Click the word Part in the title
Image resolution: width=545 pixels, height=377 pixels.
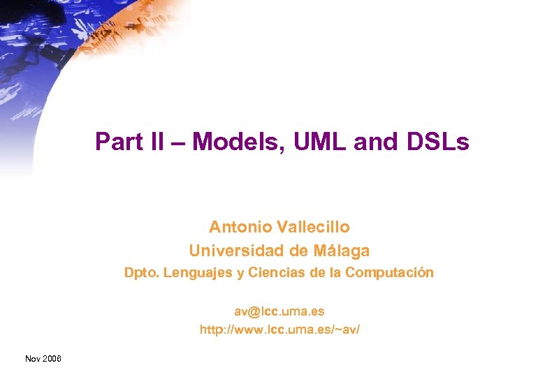pyautogui.click(x=115, y=142)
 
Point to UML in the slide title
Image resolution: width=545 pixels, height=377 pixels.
pyautogui.click(x=312, y=142)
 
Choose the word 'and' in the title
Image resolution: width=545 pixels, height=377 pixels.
pyautogui.click(x=372, y=142)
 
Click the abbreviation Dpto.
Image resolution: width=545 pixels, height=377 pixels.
pyautogui.click(x=141, y=272)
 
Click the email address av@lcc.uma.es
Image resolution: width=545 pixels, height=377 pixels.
pyautogui.click(x=279, y=310)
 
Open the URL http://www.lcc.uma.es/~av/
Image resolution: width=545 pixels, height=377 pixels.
pyautogui.click(x=279, y=328)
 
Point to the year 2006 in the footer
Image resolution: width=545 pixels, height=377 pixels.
pyautogui.click(x=52, y=358)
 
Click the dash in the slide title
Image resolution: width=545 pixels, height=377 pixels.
pyautogui.click(x=180, y=143)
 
